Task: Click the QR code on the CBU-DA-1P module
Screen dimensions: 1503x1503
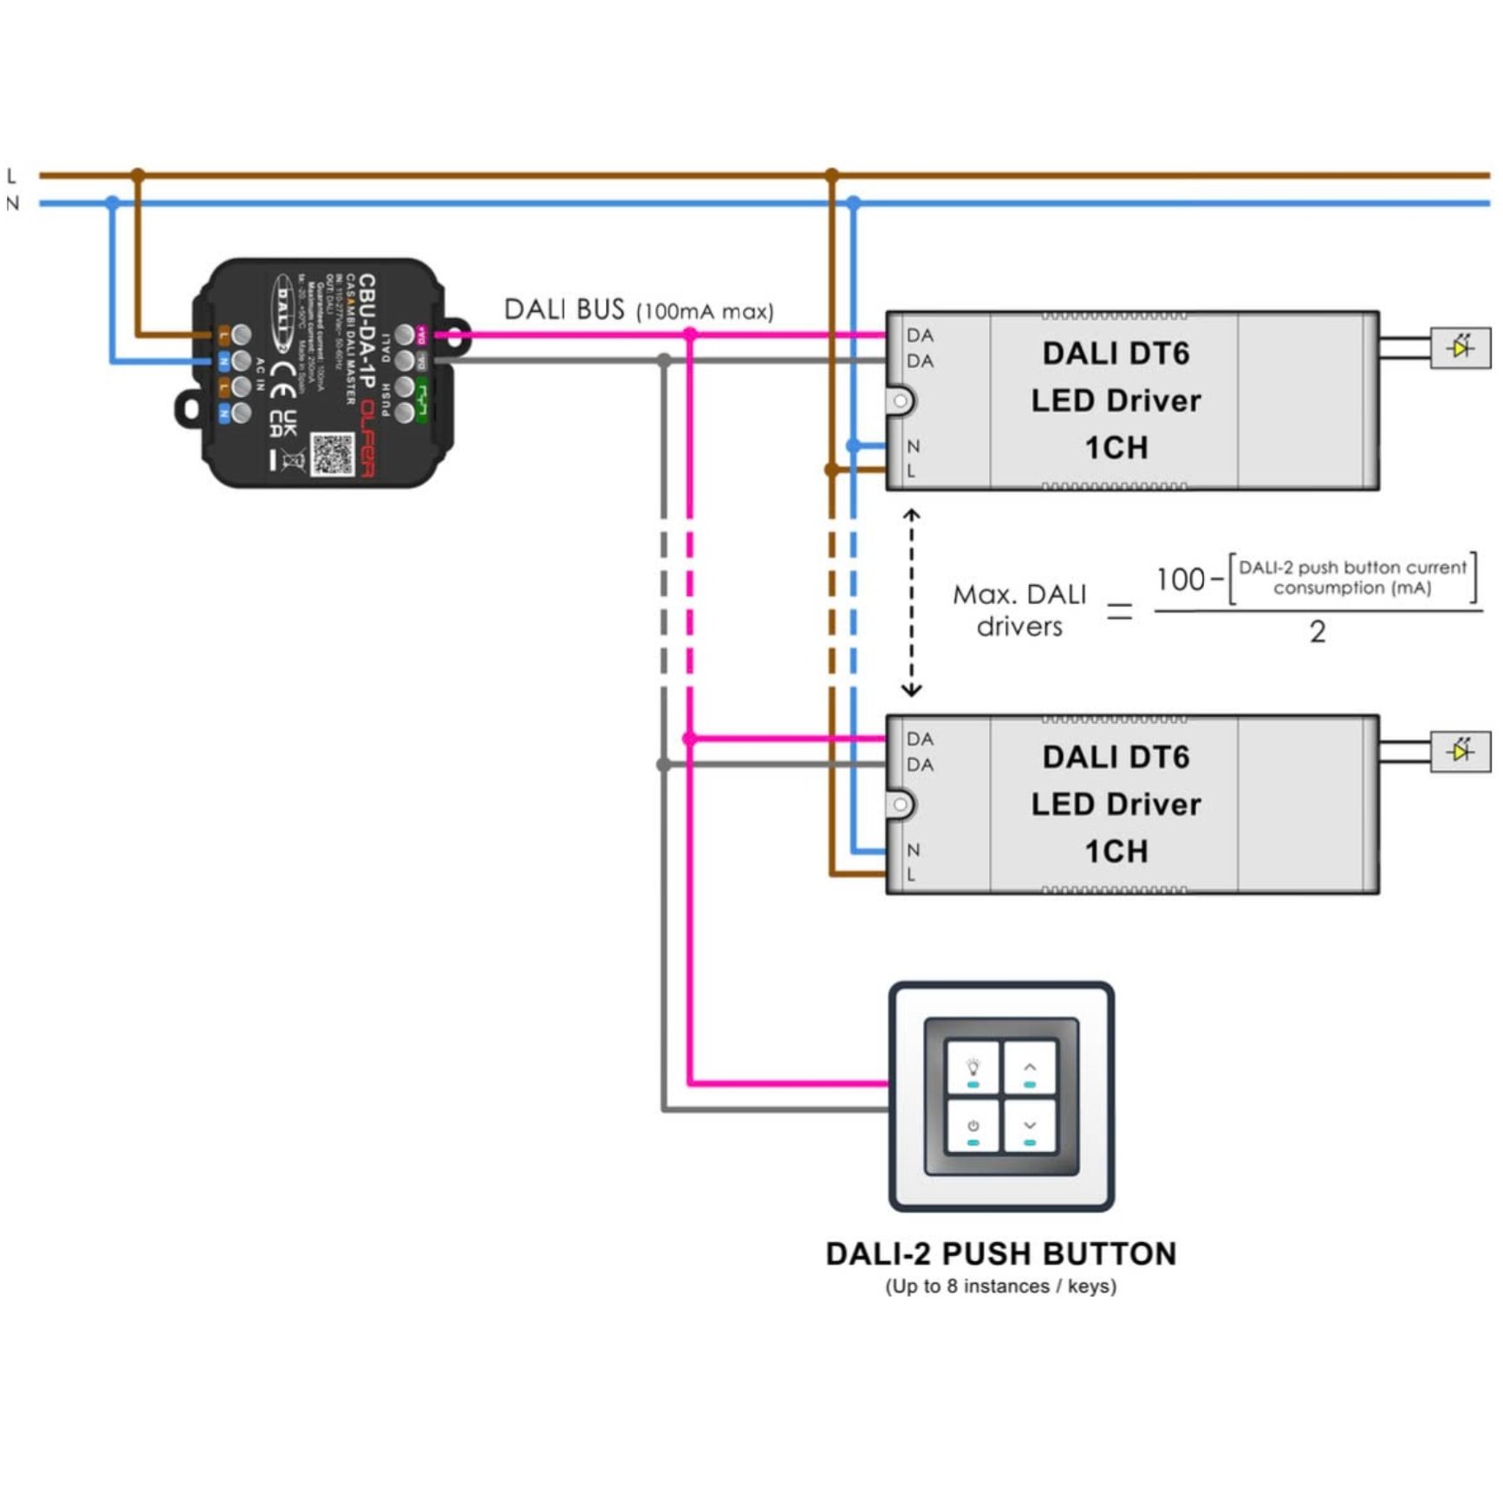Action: [333, 454]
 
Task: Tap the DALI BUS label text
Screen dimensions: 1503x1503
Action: [638, 309]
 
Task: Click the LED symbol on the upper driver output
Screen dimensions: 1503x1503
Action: [1461, 348]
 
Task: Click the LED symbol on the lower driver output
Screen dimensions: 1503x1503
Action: [1461, 751]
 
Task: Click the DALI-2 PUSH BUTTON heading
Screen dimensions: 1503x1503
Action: [1001, 1253]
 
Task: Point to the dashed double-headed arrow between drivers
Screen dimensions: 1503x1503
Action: [911, 603]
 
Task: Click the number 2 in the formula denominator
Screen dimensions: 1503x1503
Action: [1318, 632]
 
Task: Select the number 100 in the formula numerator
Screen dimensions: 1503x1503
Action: [1180, 579]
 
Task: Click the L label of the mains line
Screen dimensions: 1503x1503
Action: [11, 176]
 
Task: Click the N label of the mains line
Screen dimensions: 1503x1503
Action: [12, 204]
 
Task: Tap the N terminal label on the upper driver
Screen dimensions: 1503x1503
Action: [913, 446]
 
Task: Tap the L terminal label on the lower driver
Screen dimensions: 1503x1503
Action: [911, 875]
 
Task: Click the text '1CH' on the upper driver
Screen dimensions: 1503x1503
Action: [1116, 448]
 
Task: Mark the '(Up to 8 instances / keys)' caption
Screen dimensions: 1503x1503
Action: [1001, 1286]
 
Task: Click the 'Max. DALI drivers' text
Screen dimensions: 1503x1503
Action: [1019, 610]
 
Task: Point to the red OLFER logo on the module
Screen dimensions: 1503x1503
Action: [368, 439]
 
